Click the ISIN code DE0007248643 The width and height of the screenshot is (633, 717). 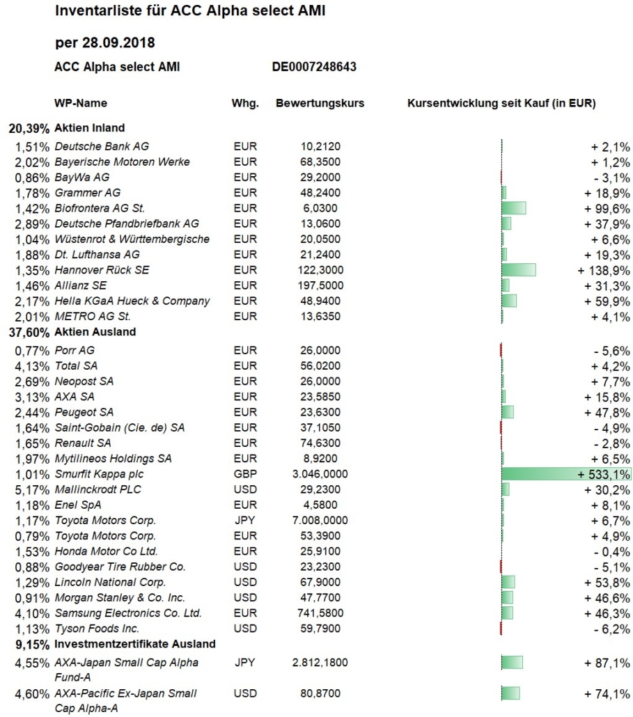314,67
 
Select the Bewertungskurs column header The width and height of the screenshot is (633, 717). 320,103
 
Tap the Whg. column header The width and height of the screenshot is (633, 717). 245,103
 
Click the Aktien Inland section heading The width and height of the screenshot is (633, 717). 90,128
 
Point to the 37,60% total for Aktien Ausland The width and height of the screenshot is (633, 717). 29,333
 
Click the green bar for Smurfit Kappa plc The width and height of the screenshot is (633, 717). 566,474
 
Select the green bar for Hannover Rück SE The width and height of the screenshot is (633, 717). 519,270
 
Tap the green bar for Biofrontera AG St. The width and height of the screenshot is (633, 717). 514,208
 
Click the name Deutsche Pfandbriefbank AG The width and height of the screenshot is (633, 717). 127,223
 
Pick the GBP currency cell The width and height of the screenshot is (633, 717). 245,474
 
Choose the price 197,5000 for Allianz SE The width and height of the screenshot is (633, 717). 320,285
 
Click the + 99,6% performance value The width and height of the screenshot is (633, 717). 607,209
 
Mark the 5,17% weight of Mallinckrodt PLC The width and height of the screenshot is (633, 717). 32,490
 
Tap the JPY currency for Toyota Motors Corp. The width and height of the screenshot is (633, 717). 244,521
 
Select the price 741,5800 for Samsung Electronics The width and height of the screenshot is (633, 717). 320,613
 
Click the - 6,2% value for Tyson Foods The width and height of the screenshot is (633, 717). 612,629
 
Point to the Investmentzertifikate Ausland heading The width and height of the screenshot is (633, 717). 135,645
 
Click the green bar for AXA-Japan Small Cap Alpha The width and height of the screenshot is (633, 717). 513,662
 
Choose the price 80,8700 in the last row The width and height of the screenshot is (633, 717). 320,693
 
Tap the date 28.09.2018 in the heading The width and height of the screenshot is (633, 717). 118,43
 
